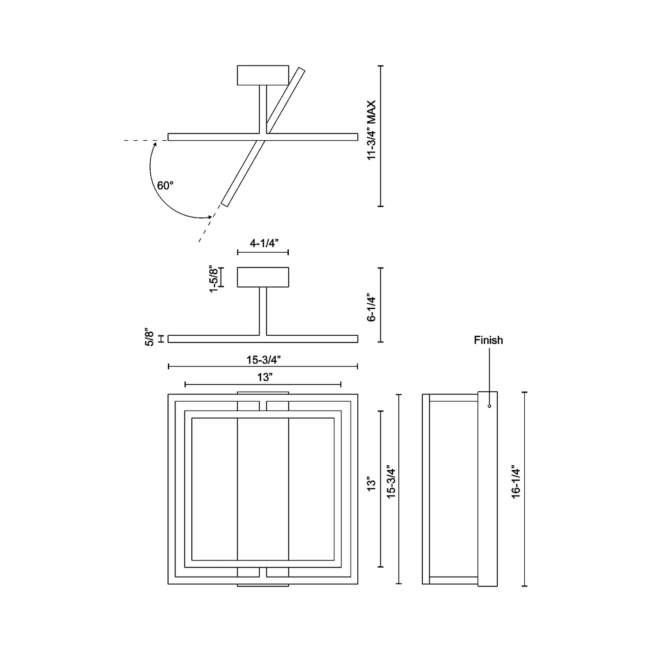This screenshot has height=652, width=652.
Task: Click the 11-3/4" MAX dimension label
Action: tap(371, 130)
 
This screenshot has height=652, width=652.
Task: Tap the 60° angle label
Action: tap(165, 185)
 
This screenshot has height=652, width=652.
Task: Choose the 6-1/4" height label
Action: tap(371, 308)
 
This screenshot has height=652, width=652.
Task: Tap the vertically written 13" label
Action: tap(371, 484)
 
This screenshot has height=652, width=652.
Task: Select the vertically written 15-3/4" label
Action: tap(391, 481)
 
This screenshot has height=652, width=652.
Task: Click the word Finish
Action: tap(488, 340)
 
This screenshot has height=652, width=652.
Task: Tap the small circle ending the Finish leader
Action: tap(489, 407)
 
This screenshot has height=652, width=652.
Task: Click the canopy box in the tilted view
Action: tap(263, 75)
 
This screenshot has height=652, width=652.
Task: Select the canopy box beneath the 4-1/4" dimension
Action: tap(263, 277)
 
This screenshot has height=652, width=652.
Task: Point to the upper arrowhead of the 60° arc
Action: tap(155, 143)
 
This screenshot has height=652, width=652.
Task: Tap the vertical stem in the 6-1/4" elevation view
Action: tap(263, 311)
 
